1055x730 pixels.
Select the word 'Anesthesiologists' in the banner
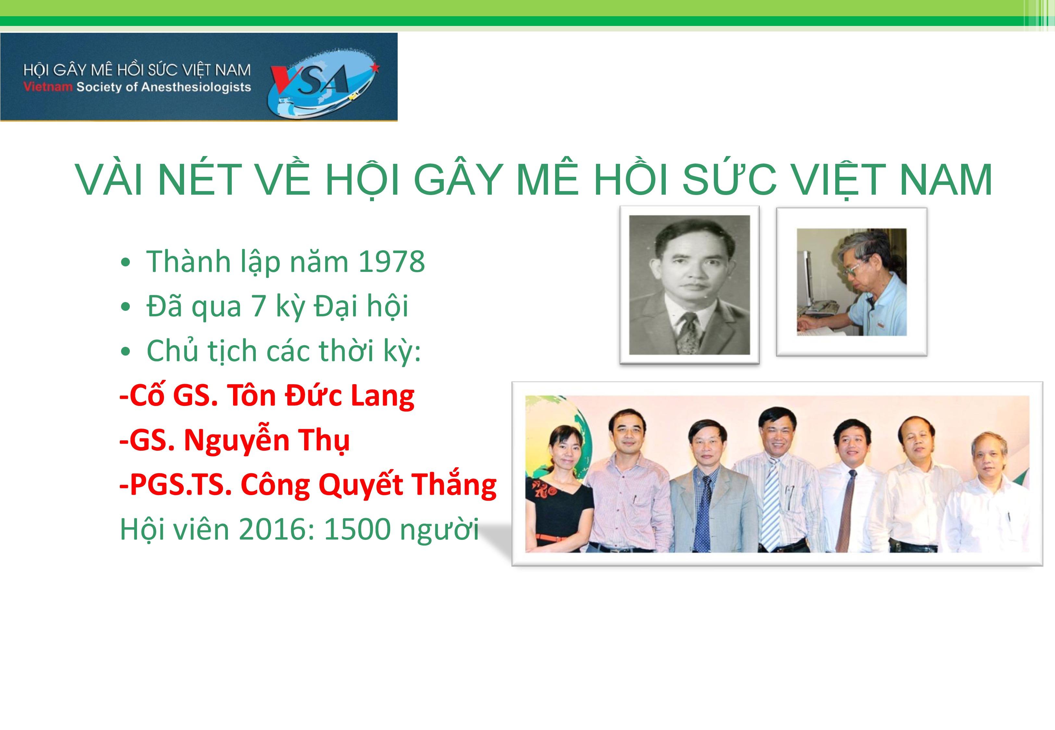tap(196, 87)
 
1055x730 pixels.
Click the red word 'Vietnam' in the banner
tap(48, 86)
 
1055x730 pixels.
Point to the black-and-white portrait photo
tap(689, 285)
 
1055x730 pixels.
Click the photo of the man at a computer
tap(851, 282)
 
